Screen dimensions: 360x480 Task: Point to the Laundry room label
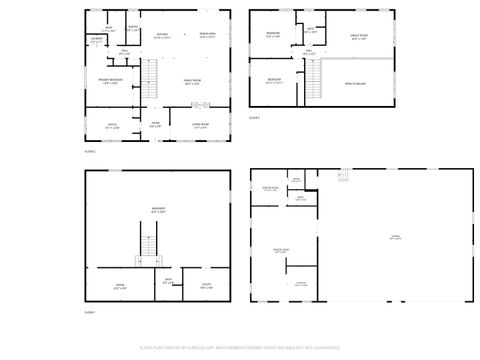tap(96, 39)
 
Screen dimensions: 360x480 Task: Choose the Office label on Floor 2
tap(112, 127)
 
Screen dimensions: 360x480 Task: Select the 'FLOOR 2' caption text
tap(90, 151)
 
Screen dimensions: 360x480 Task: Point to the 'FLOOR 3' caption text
tap(254, 118)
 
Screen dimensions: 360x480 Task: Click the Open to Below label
tap(354, 84)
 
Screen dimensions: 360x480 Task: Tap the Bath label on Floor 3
tap(310, 28)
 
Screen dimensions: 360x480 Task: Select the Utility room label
tap(206, 286)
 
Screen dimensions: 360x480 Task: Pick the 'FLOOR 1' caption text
tap(90, 313)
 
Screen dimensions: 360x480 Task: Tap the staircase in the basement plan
tap(148, 245)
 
